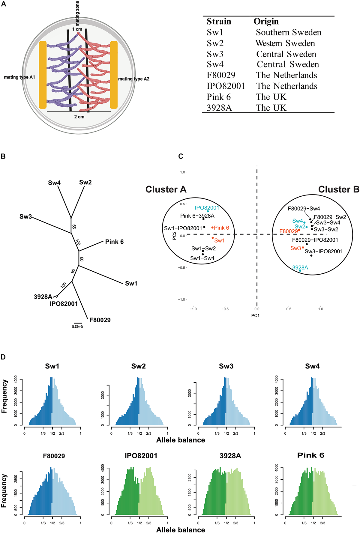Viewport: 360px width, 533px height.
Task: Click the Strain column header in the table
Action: click(x=219, y=22)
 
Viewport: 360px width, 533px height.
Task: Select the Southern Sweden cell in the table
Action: click(x=289, y=32)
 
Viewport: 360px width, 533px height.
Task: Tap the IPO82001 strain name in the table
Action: click(x=226, y=86)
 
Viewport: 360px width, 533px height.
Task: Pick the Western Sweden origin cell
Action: click(x=285, y=43)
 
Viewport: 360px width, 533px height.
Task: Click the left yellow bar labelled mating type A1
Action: click(x=43, y=75)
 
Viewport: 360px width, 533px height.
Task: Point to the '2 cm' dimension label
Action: click(x=79, y=117)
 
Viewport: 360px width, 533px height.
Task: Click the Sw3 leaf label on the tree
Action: click(x=26, y=216)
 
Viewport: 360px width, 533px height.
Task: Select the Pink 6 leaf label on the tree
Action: click(x=114, y=242)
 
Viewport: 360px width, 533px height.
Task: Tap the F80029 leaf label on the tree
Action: click(x=100, y=320)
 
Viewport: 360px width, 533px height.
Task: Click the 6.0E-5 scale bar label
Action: click(x=77, y=326)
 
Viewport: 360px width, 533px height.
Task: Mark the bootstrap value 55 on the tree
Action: click(x=74, y=227)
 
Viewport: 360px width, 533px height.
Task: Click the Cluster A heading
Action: click(x=166, y=189)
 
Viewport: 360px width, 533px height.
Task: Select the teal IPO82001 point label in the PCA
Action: click(x=207, y=208)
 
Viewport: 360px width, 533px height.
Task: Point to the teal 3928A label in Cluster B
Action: click(x=300, y=267)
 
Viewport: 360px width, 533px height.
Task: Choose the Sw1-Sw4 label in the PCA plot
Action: click(x=202, y=258)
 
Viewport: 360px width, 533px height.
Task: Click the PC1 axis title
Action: click(x=255, y=315)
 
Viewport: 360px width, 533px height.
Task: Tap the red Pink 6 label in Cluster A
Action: click(x=221, y=228)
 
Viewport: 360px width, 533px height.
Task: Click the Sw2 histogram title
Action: click(x=138, y=366)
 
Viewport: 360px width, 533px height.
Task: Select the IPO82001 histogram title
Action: click(x=141, y=456)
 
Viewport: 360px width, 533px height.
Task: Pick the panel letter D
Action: click(x=3, y=357)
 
